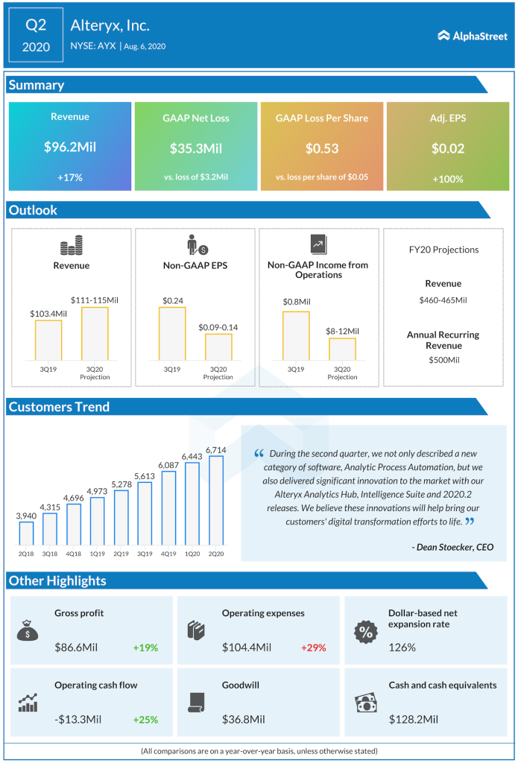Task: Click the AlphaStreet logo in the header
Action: point(473,35)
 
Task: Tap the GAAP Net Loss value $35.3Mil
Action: point(196,148)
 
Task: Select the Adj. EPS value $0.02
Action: point(447,148)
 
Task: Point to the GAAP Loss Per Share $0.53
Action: point(322,148)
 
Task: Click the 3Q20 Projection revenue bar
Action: point(95,334)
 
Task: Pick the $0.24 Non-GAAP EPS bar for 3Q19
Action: point(172,334)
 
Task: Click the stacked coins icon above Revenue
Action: point(72,245)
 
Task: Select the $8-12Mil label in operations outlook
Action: point(342,330)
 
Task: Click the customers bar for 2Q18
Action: point(26,533)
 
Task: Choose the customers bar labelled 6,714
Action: point(216,500)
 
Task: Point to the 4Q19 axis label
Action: point(168,554)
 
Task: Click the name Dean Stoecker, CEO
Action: point(452,547)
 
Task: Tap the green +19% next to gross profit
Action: point(145,648)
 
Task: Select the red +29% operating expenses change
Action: point(313,648)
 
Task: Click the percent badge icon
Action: point(365,632)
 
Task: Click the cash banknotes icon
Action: point(365,702)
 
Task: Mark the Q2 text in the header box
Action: point(36,25)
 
